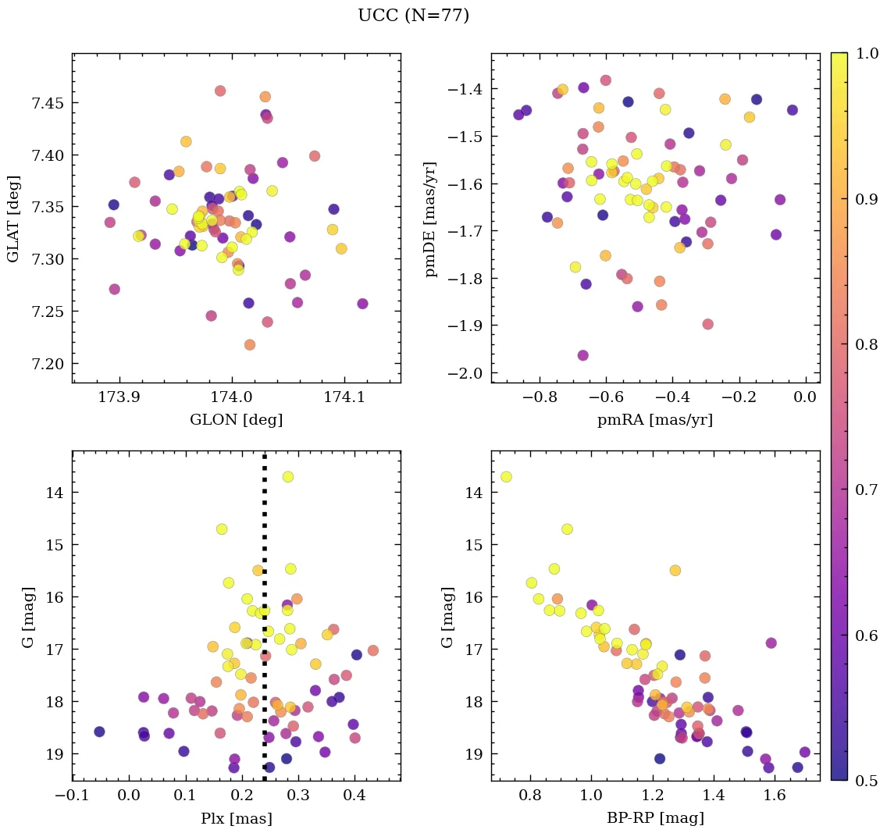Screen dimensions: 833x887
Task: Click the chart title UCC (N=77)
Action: pyautogui.click(x=413, y=16)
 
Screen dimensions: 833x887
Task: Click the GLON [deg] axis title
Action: pyautogui.click(x=236, y=420)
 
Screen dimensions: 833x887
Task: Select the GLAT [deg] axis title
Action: pyautogui.click(x=13, y=218)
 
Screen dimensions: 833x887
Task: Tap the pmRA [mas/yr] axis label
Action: pyautogui.click(x=654, y=420)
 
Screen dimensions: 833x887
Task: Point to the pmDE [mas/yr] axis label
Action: pyautogui.click(x=430, y=218)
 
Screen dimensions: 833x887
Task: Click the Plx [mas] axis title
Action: pyautogui.click(x=236, y=818)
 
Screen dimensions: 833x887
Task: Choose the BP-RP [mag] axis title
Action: pyautogui.click(x=654, y=818)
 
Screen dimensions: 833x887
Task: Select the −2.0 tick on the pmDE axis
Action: pyautogui.click(x=465, y=373)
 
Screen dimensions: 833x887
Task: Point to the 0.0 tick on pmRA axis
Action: pyautogui.click(x=804, y=397)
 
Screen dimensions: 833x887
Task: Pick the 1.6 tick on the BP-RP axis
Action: pyautogui.click(x=775, y=795)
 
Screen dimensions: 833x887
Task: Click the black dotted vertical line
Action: pyautogui.click(x=265, y=625)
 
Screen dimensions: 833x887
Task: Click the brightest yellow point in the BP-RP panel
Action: pyautogui.click(x=506, y=476)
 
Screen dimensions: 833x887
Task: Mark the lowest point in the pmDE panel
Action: pyautogui.click(x=582, y=355)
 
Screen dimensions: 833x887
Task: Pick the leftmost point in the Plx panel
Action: pyautogui.click(x=99, y=732)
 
